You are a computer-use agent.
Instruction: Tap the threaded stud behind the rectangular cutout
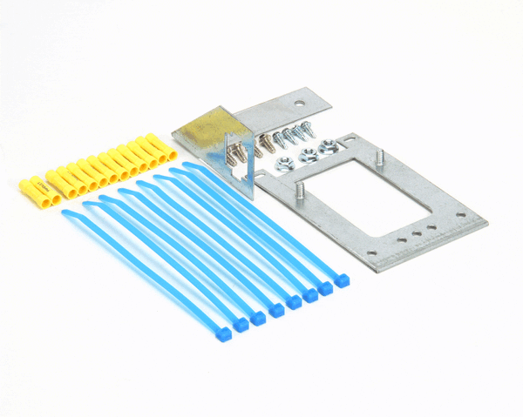381,158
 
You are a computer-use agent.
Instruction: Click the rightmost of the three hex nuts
329,147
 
